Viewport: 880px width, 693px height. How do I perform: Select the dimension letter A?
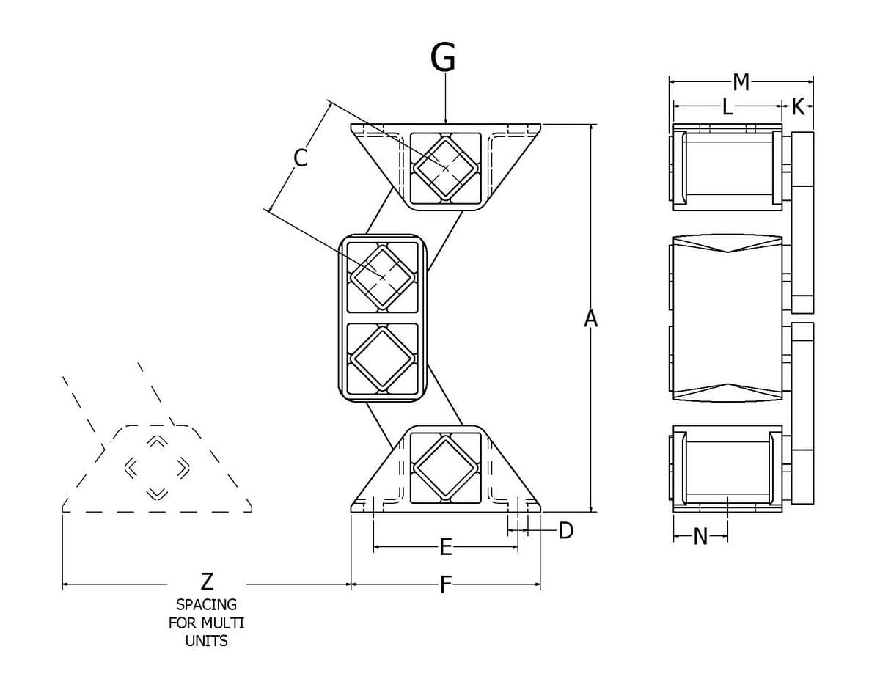pos(591,319)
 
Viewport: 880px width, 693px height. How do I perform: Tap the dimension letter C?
pos(301,158)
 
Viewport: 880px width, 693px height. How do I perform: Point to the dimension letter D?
pos(566,531)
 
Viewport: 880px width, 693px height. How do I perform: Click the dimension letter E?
pos(446,547)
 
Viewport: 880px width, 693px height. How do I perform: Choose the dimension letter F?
pos(445,584)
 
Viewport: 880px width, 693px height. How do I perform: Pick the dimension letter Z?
pos(207,582)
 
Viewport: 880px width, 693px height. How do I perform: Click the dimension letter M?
pos(741,82)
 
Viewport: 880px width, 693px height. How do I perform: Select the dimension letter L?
pos(727,107)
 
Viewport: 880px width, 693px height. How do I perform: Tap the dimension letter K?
pos(798,107)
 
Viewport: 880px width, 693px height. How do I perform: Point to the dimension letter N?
pos(700,536)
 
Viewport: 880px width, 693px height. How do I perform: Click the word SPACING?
pos(207,605)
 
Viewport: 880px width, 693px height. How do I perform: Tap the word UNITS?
pos(207,641)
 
